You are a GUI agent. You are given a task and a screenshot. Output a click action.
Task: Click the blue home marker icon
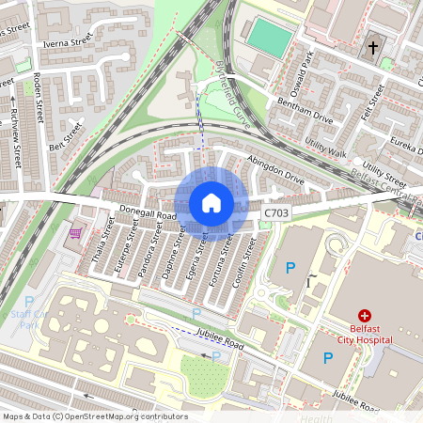[211, 203]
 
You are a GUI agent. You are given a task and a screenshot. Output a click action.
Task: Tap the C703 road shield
[276, 214]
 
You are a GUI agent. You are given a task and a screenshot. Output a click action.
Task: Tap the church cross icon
[373, 47]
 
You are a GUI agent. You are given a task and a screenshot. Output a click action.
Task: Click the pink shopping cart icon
[76, 232]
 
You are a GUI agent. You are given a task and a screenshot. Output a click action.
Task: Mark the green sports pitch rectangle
[270, 38]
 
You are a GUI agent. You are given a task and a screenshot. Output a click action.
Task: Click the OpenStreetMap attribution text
[94, 416]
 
